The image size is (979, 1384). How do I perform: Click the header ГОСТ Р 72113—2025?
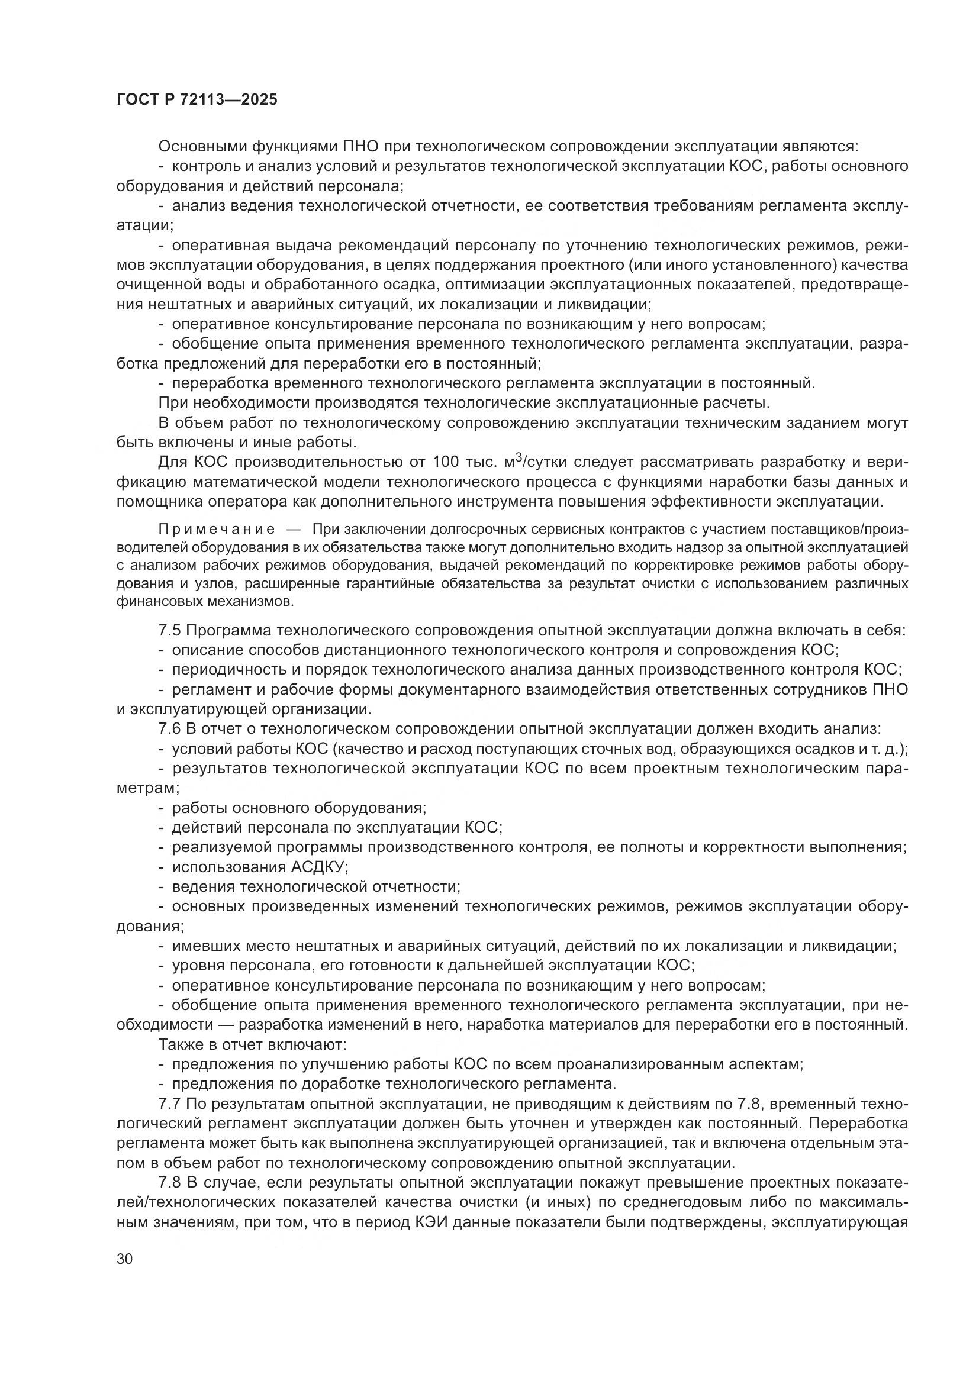[x=197, y=100]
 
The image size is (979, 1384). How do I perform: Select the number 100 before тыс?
[x=446, y=462]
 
